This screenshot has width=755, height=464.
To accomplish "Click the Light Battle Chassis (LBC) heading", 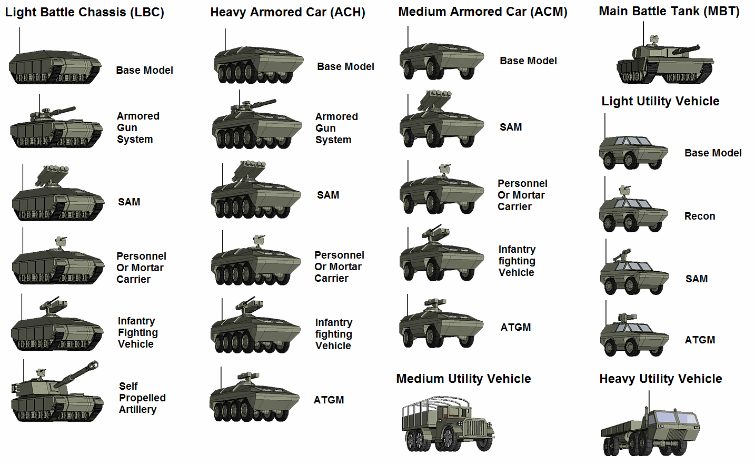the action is click(x=85, y=13).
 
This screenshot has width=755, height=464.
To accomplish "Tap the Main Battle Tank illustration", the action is click(x=665, y=60).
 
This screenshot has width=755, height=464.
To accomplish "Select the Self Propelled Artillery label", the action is click(x=142, y=398).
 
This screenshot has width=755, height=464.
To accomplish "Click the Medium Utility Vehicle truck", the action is click(x=448, y=424).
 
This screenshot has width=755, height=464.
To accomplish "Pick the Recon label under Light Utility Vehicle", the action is click(x=699, y=216).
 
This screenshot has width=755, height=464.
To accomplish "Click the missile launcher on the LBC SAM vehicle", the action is click(x=52, y=175).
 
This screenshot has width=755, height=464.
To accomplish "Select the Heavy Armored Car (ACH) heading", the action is click(x=287, y=13).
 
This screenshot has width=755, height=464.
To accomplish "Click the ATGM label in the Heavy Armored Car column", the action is click(x=329, y=400).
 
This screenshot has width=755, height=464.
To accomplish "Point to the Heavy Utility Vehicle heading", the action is click(x=661, y=379).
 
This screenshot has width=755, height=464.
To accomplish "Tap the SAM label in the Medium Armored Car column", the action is click(x=511, y=127).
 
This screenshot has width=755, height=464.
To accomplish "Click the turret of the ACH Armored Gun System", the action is click(x=242, y=108).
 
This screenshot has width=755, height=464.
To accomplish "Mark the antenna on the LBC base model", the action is click(x=19, y=41).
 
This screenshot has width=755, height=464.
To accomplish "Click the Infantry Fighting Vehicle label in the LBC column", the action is click(x=138, y=332).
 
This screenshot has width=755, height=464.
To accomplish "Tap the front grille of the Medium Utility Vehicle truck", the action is click(x=476, y=428).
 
